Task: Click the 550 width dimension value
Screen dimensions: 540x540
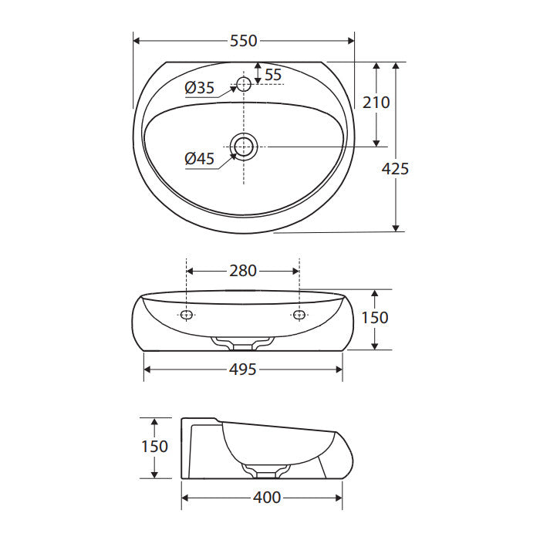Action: tap(244, 41)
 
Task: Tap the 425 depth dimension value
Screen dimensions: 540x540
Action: tap(395, 169)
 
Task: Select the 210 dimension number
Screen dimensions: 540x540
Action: tap(376, 103)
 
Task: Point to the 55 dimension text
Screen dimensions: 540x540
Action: tap(273, 75)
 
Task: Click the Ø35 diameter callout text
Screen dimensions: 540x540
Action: tap(199, 87)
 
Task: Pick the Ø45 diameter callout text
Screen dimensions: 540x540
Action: tap(199, 158)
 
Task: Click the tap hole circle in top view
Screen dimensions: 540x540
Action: tap(244, 84)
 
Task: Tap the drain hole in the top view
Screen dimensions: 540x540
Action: tap(244, 147)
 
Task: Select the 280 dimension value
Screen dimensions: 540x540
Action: tap(243, 271)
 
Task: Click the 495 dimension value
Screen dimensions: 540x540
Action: tap(243, 370)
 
